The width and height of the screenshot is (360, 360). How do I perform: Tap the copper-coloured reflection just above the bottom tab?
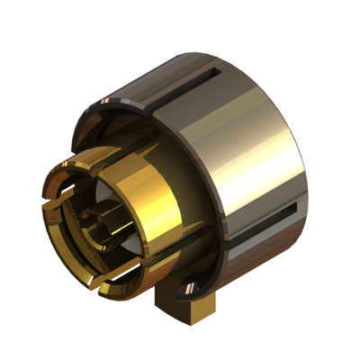coord(187,286)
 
